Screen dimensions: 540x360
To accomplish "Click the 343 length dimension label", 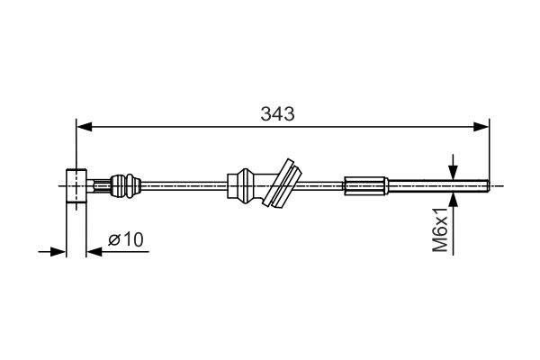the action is coord(277,113).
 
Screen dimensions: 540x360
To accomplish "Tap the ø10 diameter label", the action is coord(126,239).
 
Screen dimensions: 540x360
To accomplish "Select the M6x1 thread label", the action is coord(440,229).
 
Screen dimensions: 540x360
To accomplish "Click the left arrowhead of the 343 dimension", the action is coord(85,127).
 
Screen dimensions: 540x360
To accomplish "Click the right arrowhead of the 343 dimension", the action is coord(481,127).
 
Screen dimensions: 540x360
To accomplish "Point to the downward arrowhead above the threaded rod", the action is coord(454,172).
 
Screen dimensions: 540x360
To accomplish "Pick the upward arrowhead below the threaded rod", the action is coord(454,200).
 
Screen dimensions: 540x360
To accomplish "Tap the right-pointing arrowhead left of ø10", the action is coord(58,251).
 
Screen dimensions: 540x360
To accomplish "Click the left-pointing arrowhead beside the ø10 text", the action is coord(94,251).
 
